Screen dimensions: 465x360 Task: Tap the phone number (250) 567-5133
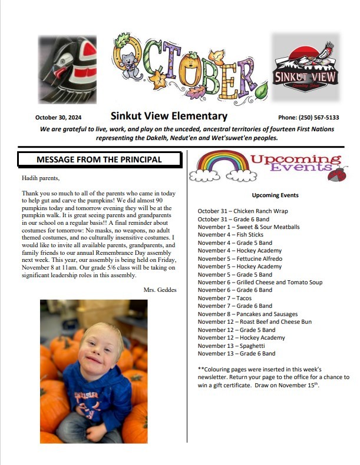coord(316,117)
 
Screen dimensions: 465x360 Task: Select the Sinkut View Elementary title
coord(169,116)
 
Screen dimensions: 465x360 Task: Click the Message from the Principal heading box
coord(98,159)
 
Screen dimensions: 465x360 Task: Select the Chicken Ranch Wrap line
coord(235,211)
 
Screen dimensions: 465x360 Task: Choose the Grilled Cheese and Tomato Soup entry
coord(260,283)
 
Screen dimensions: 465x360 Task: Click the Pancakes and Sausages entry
coord(247,314)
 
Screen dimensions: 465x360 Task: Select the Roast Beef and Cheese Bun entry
coord(255,322)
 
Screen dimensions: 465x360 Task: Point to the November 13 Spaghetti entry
coord(232,346)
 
